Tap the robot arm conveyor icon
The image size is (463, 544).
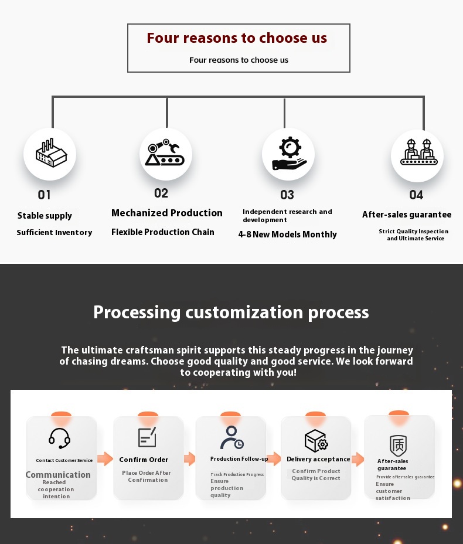(166, 154)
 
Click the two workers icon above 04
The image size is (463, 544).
(417, 154)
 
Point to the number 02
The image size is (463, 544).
(161, 193)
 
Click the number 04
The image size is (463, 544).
(416, 195)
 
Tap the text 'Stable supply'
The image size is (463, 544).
(45, 216)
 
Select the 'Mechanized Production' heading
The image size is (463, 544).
(167, 213)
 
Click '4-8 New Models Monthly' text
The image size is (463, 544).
(287, 234)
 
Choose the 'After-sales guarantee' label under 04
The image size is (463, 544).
(407, 215)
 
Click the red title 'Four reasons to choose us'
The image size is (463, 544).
(237, 39)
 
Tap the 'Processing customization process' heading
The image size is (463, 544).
(231, 312)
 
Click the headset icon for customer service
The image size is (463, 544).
(59, 438)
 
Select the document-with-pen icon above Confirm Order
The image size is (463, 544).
(147, 437)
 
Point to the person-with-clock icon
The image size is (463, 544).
(231, 437)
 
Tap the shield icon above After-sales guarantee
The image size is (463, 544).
(399, 445)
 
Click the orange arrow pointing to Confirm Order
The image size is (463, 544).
(105, 459)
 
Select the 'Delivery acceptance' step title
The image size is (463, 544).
(318, 459)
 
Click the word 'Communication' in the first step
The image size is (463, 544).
(58, 475)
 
